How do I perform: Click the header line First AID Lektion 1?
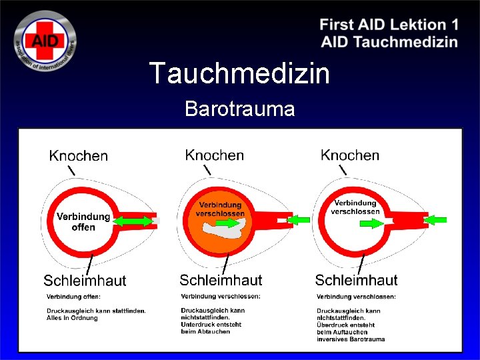(x=389, y=25)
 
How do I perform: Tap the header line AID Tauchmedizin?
(x=389, y=42)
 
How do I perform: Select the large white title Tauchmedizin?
(x=239, y=73)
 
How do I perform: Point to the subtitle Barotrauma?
(x=239, y=109)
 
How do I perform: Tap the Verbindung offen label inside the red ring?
(x=83, y=222)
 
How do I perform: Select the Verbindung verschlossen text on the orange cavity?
(x=220, y=209)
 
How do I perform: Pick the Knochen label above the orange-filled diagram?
(x=214, y=155)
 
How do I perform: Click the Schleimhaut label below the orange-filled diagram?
(x=221, y=280)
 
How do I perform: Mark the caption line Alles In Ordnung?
(x=72, y=318)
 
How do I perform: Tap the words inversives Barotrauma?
(x=351, y=339)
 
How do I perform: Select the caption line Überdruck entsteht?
(x=346, y=325)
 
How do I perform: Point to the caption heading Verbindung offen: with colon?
(x=73, y=296)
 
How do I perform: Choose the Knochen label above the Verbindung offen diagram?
(x=78, y=156)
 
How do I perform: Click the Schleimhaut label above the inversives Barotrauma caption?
(x=356, y=280)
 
